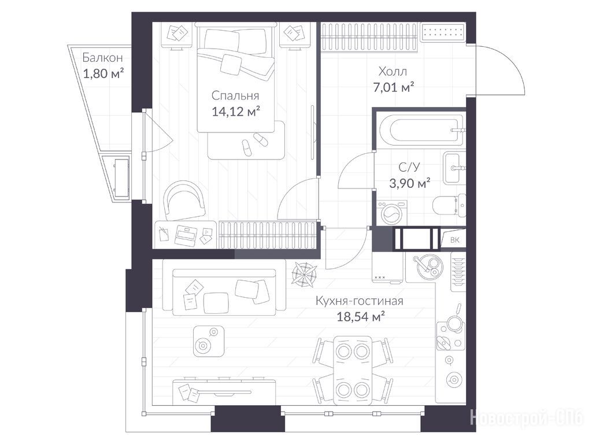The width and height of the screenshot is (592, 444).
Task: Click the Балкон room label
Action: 102,58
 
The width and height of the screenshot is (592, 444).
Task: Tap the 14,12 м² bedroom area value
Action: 236,112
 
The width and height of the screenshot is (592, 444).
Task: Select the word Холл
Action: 393,71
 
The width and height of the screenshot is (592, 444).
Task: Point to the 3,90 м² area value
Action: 410,183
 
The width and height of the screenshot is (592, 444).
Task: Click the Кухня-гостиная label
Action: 359,301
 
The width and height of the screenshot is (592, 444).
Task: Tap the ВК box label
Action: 454,240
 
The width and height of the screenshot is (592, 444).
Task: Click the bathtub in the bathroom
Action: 421,130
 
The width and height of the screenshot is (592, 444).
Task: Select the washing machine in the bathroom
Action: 392,213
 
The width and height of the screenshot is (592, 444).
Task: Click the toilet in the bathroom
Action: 449,205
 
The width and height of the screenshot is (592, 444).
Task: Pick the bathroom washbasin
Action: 454,168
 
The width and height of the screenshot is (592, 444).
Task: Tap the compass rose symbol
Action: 304,274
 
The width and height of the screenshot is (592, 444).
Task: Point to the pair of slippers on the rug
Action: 253,144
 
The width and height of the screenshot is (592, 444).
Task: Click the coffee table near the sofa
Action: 208,341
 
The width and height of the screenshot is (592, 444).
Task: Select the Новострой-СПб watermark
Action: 527,417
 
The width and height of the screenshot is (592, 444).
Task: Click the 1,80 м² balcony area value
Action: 103,73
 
